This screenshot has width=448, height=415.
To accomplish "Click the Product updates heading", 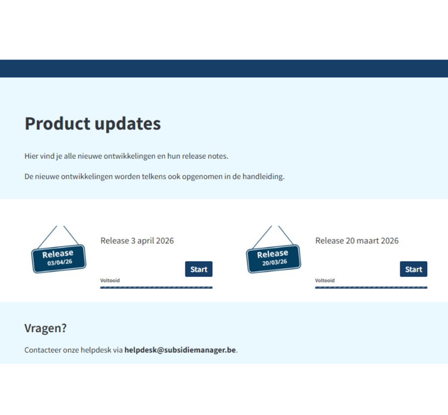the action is click(93, 124).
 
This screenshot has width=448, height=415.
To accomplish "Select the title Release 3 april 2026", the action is click(137, 241).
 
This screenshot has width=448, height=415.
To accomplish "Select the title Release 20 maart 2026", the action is click(357, 241).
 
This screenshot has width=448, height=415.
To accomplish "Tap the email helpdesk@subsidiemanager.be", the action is click(180, 350).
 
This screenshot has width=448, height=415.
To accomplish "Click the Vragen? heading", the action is click(45, 328).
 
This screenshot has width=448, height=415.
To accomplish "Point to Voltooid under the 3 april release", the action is click(110, 281).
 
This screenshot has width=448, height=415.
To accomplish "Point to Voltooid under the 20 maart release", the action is click(325, 281).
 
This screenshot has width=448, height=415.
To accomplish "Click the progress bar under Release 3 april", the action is click(157, 288).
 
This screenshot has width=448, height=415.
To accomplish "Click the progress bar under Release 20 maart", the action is click(371, 288).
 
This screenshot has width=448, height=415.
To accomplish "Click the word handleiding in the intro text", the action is click(263, 176).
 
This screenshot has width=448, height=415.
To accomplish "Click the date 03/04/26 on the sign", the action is click(60, 262).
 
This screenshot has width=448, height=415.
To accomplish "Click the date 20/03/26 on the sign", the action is click(275, 262).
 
